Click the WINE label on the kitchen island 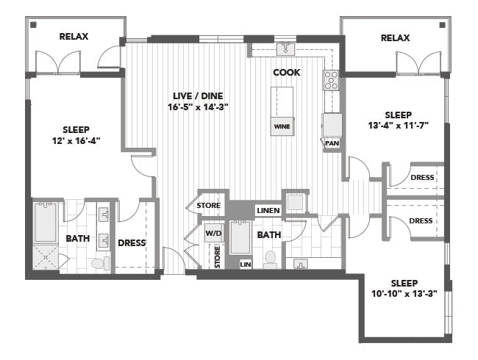pyautogui.click(x=282, y=126)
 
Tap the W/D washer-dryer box pyautogui.click(x=214, y=234)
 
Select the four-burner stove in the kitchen pyautogui.click(x=332, y=80)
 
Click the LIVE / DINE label pyautogui.click(x=198, y=96)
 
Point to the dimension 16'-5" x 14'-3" pyautogui.click(x=198, y=107)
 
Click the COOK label pyautogui.click(x=287, y=73)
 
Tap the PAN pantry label pyautogui.click(x=332, y=143)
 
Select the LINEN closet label pyautogui.click(x=268, y=210)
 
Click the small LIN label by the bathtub pyautogui.click(x=246, y=264)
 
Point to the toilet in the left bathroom pyautogui.click(x=100, y=263)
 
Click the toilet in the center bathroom pyautogui.click(x=270, y=259)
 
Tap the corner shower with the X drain pyautogui.click(x=46, y=257)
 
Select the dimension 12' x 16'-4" pyautogui.click(x=76, y=141)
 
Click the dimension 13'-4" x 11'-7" pyautogui.click(x=399, y=125)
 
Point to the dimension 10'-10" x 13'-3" pyautogui.click(x=404, y=294)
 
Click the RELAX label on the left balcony pyautogui.click(x=74, y=37)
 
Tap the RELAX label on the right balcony pyautogui.click(x=395, y=38)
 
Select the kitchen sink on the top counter pyautogui.click(x=285, y=49)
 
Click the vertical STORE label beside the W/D pyautogui.click(x=217, y=257)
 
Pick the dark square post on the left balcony pyautogui.click(x=34, y=25)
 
